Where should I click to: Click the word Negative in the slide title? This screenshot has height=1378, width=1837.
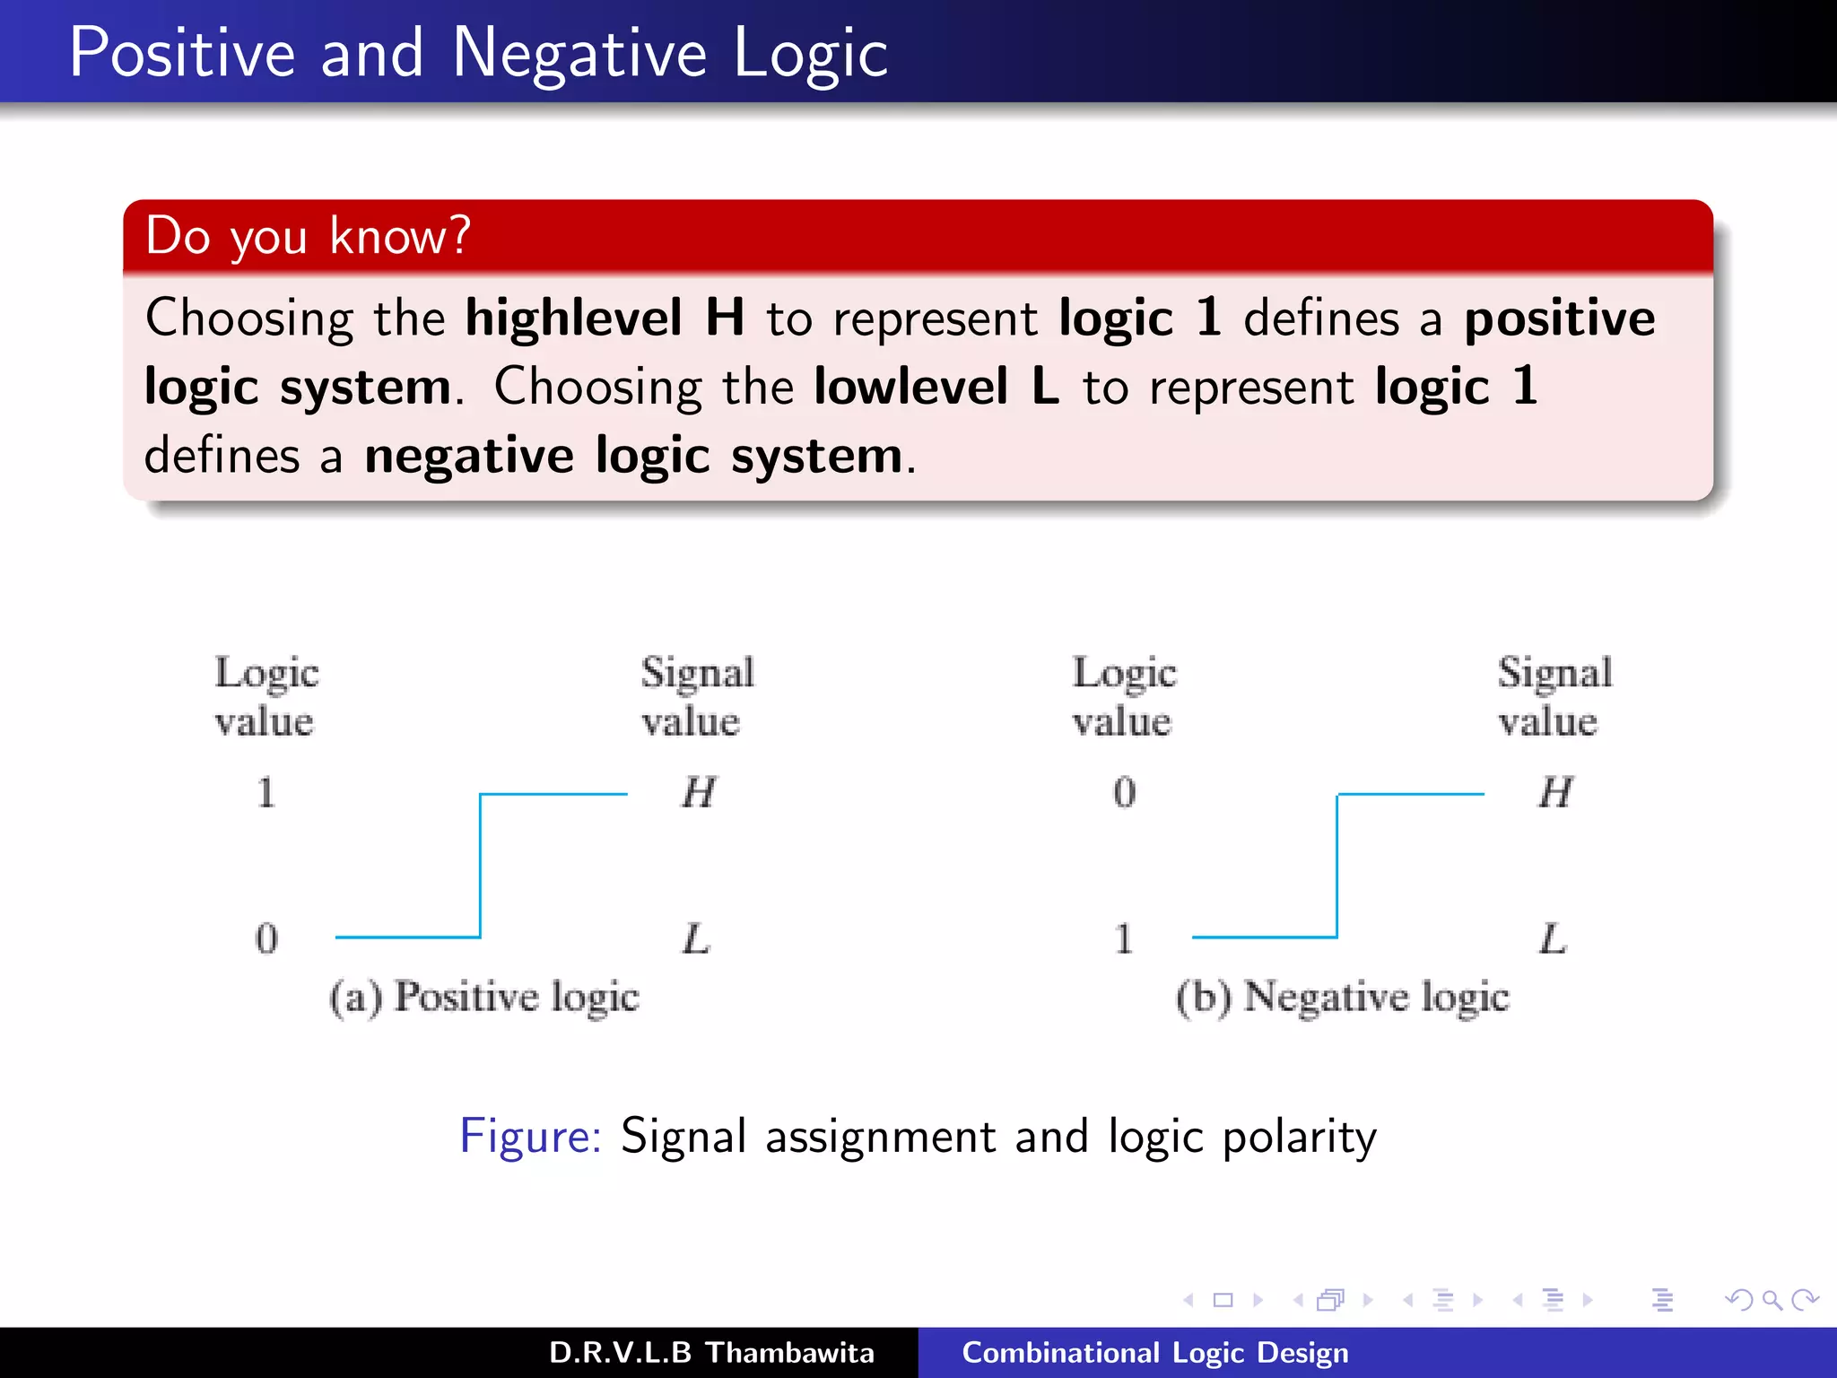pos(579,54)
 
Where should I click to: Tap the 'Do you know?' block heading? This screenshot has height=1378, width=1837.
pos(308,236)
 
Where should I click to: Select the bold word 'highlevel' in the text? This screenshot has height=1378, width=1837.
pos(573,318)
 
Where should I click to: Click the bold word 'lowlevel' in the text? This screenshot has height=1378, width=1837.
pos(910,387)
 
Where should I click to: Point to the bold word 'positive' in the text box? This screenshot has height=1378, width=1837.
pos(1559,318)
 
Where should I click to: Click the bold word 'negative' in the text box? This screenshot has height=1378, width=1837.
pos(468,456)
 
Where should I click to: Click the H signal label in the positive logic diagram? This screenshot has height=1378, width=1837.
pos(698,792)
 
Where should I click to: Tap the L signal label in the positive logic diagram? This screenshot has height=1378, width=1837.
pos(696,938)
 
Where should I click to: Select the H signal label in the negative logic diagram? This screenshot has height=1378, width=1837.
pos(1555,792)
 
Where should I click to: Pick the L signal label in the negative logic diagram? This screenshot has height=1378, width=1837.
pos(1553,938)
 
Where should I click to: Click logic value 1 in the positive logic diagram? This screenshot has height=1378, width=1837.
pos(266,792)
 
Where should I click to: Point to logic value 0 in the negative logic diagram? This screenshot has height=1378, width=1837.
pos(1124,792)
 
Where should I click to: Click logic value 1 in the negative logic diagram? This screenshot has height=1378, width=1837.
pos(1123,938)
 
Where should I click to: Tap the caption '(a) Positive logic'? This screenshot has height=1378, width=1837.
pos(484,998)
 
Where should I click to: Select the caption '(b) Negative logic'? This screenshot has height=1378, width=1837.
pos(1343,998)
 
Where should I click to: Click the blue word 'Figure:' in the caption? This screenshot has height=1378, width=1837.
pos(530,1136)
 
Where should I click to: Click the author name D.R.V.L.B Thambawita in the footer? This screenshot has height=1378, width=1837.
pos(711,1352)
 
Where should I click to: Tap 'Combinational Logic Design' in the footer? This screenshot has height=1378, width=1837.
pos(1155,1352)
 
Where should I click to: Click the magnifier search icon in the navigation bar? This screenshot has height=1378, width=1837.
pos(1772,1299)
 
